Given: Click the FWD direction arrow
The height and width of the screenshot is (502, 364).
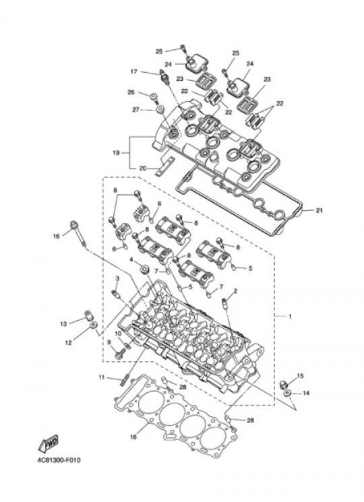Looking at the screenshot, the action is [x=49, y=443].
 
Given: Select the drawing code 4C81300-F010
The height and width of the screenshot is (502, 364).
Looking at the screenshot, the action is [x=59, y=460].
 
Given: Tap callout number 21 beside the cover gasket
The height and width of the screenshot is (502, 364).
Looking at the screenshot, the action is [x=319, y=211].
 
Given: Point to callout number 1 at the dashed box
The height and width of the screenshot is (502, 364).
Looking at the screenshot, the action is [x=290, y=316].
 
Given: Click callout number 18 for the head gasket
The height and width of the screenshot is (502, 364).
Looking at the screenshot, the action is [x=133, y=437].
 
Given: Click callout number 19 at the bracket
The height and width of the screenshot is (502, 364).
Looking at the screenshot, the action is [x=116, y=153].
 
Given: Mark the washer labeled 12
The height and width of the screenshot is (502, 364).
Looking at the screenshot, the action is [x=93, y=325].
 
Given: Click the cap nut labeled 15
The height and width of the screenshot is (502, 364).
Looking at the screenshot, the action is [x=283, y=383].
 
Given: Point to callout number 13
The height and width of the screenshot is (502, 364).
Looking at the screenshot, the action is [x=63, y=323].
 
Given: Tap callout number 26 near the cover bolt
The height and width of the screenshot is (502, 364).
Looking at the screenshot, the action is [x=131, y=92].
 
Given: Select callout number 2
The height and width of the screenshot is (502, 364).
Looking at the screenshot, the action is [x=236, y=291].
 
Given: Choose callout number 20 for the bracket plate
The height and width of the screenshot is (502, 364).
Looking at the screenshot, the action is [x=142, y=168].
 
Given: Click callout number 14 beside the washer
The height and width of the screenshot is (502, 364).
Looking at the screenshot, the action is [x=306, y=393].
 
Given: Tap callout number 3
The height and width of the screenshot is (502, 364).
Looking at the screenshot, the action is [x=117, y=278].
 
